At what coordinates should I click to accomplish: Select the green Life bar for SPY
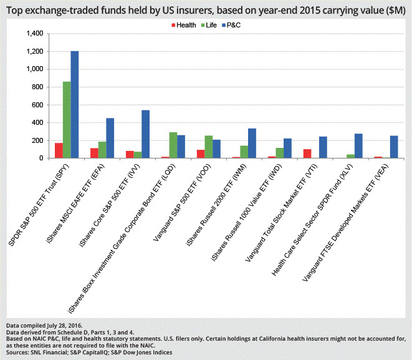[67, 120]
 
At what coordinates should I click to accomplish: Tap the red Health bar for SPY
[59, 150]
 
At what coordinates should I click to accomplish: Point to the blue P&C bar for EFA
[110, 138]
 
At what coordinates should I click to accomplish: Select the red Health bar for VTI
[307, 153]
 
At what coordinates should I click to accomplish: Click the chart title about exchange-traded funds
[206, 9]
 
